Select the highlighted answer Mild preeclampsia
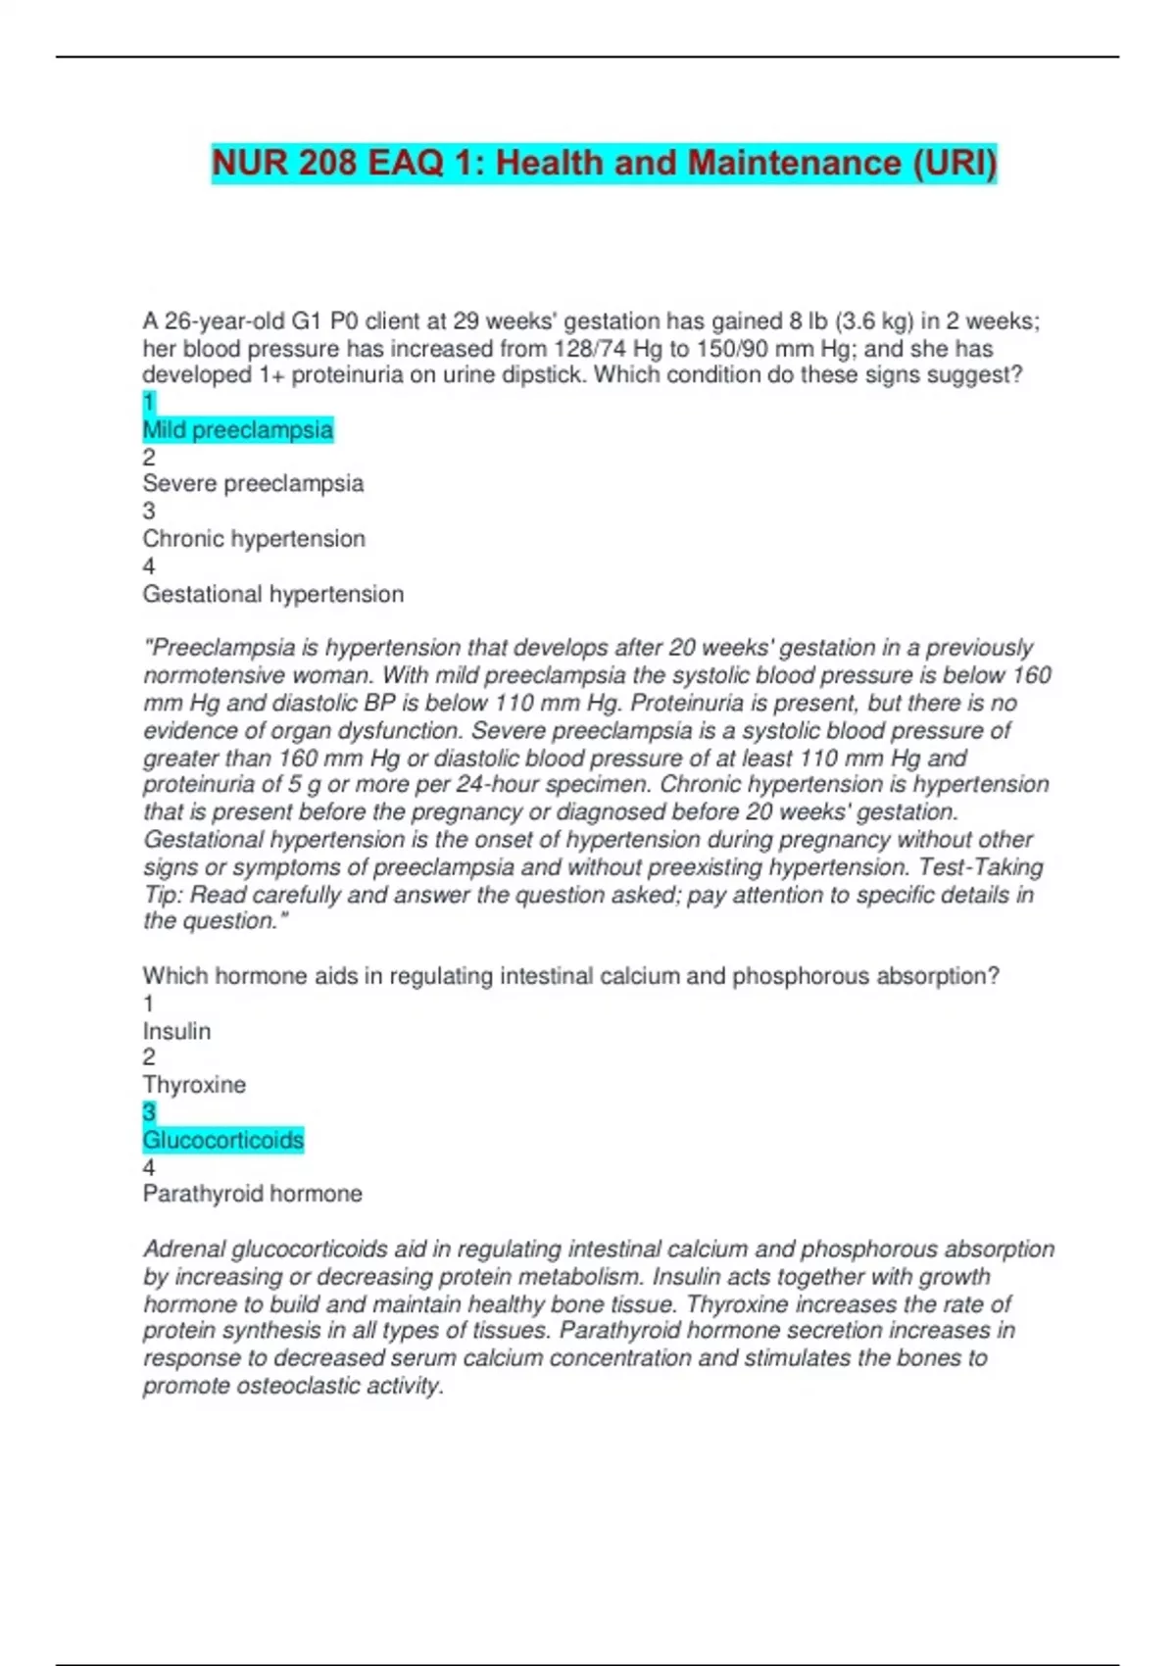(238, 430)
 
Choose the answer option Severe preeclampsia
(253, 484)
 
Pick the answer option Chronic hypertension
(254, 539)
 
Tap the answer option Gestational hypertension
(272, 594)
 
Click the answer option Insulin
(176, 1031)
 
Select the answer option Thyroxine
(194, 1085)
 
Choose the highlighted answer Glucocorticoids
(223, 1140)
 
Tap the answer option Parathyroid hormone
(252, 1194)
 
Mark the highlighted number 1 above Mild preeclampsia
(149, 403)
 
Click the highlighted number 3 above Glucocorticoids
(149, 1112)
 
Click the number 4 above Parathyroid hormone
(149, 1167)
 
